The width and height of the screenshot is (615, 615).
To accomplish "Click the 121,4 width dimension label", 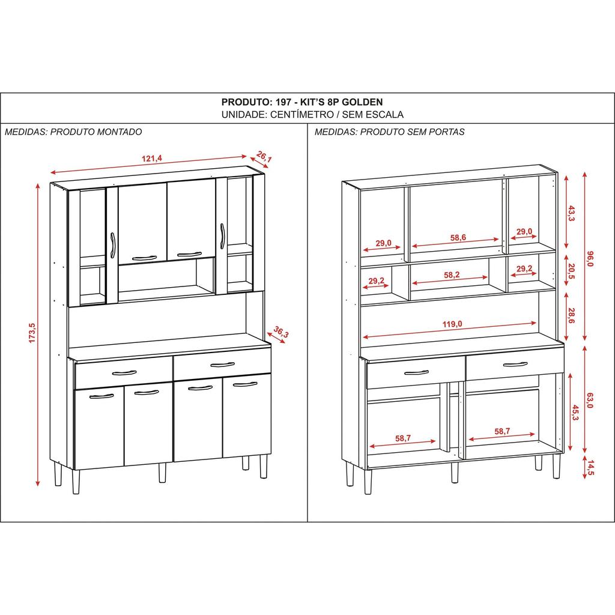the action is point(152,159).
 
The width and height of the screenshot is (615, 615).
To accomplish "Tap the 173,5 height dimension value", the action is point(32,333).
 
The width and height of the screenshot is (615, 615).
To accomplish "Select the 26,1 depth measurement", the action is point(264,157).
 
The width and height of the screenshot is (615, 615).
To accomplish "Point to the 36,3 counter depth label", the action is point(281,332).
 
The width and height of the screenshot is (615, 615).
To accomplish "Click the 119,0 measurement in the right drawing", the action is point(452,324).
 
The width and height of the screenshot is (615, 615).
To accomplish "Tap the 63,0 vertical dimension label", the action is point(590,400).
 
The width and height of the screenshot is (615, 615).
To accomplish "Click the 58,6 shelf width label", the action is point(458,237).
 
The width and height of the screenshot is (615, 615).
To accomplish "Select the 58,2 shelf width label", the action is point(452,275).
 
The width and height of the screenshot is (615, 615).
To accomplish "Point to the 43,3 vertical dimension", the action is point(571,213).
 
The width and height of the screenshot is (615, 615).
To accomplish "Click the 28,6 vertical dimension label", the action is point(571,315).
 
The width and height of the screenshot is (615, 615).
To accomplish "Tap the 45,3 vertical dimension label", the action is point(575,412).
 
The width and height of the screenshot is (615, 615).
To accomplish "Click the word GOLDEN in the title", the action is point(362,102).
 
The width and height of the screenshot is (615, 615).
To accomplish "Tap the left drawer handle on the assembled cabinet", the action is point(124,373).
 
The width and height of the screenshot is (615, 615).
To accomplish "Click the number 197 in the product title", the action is point(283,102).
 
